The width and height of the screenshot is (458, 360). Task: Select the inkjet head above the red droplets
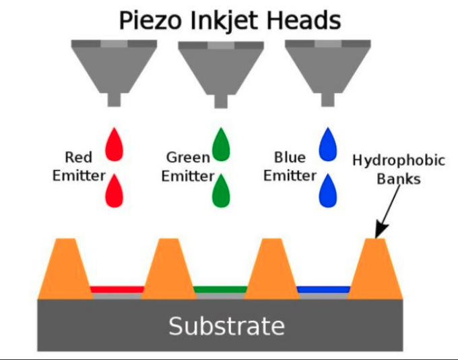pyautogui.click(x=114, y=64)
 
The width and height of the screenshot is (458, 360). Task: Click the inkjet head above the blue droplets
pyautogui.click(x=328, y=64)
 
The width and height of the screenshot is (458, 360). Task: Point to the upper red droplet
pyautogui.click(x=115, y=146)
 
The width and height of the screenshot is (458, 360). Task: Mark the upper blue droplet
pyautogui.click(x=328, y=146)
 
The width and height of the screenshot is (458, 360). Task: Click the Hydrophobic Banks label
pyautogui.click(x=399, y=170)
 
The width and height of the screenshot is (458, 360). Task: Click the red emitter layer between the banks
pyautogui.click(x=116, y=289)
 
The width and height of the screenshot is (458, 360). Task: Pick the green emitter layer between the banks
pyautogui.click(x=220, y=289)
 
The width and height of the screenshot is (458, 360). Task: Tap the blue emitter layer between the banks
pyautogui.click(x=323, y=289)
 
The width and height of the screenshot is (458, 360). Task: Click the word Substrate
pyautogui.click(x=226, y=326)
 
